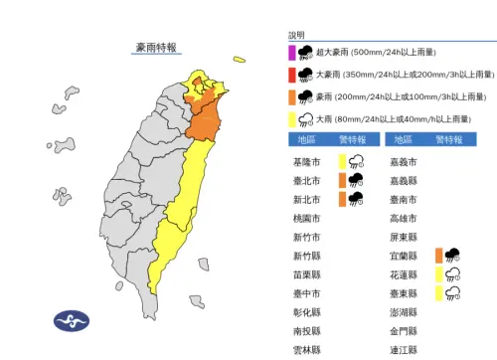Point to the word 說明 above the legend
(297, 35)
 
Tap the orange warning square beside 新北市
(342, 199)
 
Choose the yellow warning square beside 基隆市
(342, 162)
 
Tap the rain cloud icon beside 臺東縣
(454, 293)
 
